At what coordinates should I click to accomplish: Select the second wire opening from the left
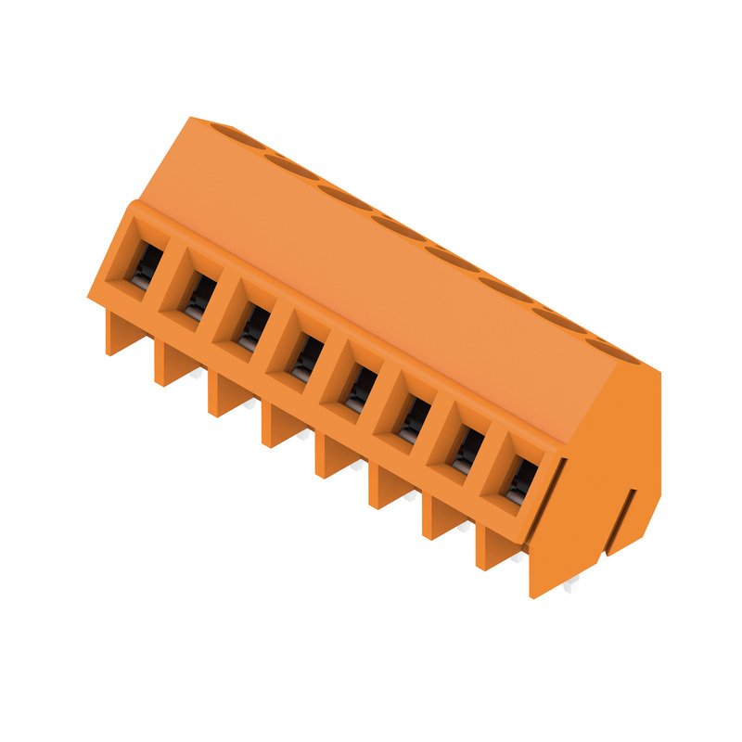point(198,298)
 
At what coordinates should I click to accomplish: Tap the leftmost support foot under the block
point(118,334)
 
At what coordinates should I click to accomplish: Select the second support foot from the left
point(170,364)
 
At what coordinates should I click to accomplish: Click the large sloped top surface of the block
point(371,278)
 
